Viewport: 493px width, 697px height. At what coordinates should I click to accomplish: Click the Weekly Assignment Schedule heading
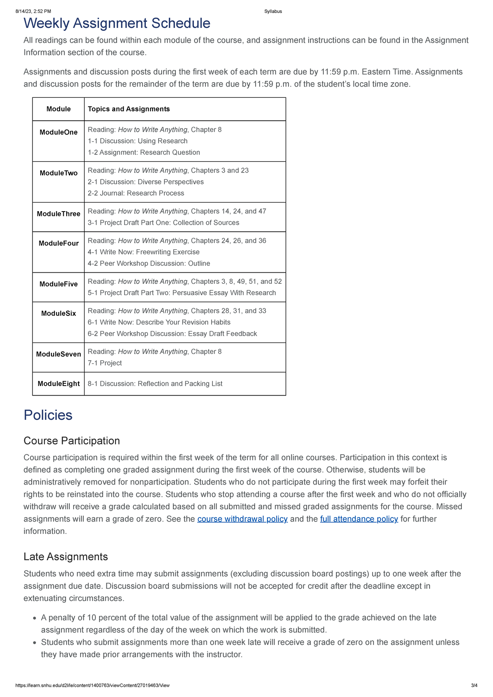pyautogui.click(x=117, y=23)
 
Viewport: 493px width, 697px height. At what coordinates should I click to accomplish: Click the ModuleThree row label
pyautogui.click(x=58, y=214)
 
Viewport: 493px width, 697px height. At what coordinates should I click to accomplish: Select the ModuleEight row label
pyautogui.click(x=58, y=384)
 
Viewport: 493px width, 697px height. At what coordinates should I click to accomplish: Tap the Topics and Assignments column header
pyautogui.click(x=129, y=109)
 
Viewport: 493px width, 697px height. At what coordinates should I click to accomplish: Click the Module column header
pyautogui.click(x=58, y=109)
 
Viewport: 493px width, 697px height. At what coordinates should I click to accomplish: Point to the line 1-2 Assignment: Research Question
pyautogui.click(x=144, y=152)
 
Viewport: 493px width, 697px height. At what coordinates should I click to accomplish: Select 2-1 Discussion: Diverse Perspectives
pyautogui.click(x=145, y=182)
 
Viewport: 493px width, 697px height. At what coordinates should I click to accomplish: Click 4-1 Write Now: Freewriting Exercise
pyautogui.click(x=143, y=252)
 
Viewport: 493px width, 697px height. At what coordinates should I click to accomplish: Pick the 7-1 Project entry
pyautogui.click(x=105, y=363)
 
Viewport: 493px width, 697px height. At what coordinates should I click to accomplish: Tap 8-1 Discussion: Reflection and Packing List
pyautogui.click(x=155, y=384)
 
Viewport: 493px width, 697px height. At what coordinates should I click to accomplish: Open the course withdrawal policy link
pyautogui.click(x=242, y=519)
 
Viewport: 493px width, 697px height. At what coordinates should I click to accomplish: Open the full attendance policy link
pyautogui.click(x=359, y=519)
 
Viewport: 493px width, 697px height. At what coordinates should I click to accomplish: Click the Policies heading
pyautogui.click(x=48, y=415)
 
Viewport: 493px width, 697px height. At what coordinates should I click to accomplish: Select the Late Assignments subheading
pyautogui.click(x=66, y=557)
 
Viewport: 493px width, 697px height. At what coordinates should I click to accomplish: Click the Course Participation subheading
pyautogui.click(x=71, y=441)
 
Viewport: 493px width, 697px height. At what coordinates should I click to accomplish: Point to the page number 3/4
pyautogui.click(x=474, y=685)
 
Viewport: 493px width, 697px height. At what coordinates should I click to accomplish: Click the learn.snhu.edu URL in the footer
pyautogui.click(x=92, y=685)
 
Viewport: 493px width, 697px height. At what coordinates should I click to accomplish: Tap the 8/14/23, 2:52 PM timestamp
pyautogui.click(x=33, y=12)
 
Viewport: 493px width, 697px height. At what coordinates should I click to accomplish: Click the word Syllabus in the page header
pyautogui.click(x=273, y=12)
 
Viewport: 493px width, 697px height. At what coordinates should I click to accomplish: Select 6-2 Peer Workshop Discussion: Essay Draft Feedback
pyautogui.click(x=172, y=334)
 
